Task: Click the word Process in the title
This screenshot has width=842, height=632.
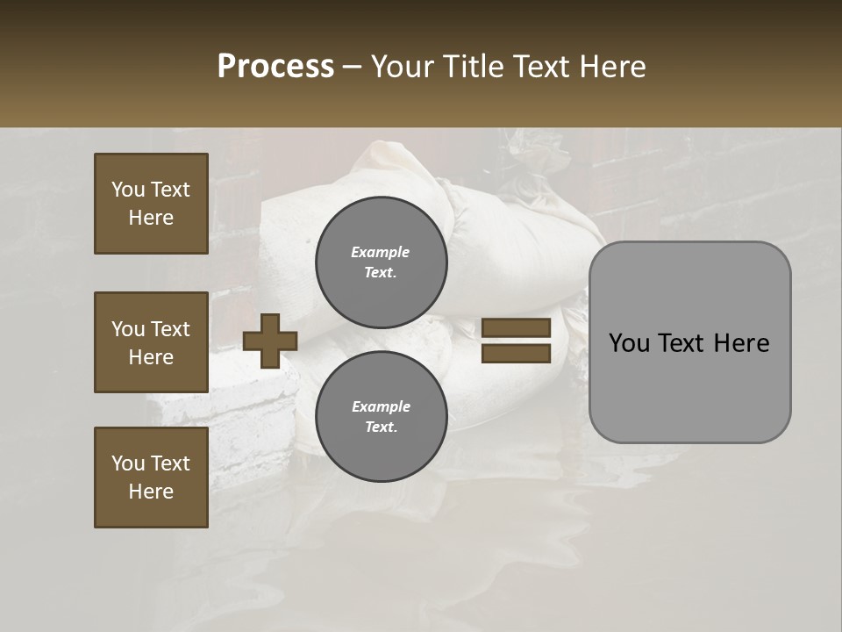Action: pyautogui.click(x=275, y=67)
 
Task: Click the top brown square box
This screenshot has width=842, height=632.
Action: pyautogui.click(x=151, y=204)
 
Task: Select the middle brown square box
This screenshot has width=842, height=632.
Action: pyautogui.click(x=151, y=342)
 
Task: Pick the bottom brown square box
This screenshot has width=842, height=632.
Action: pyautogui.click(x=151, y=478)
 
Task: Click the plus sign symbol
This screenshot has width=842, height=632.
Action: pyautogui.click(x=270, y=341)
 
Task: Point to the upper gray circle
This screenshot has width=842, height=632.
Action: pyautogui.click(x=382, y=262)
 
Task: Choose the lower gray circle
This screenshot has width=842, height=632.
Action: pyautogui.click(x=382, y=417)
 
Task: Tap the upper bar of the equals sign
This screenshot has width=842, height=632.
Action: pyautogui.click(x=517, y=328)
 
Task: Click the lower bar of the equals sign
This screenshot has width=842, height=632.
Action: pyautogui.click(x=517, y=354)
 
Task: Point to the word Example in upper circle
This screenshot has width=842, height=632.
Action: pyautogui.click(x=381, y=253)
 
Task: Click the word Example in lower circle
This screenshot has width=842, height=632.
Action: pyautogui.click(x=381, y=407)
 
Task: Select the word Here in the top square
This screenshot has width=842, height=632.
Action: pyautogui.click(x=151, y=218)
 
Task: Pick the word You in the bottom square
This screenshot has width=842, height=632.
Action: pyautogui.click(x=129, y=463)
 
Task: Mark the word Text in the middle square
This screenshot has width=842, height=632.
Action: pyautogui.click(x=170, y=329)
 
